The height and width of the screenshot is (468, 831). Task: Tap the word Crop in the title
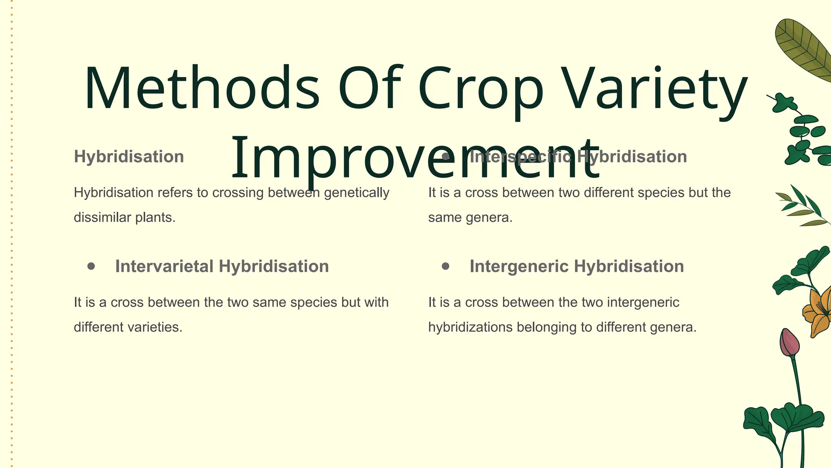tap(481, 89)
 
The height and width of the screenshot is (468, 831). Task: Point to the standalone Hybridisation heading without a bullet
tap(129, 157)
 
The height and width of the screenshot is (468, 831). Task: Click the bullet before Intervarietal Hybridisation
tap(91, 266)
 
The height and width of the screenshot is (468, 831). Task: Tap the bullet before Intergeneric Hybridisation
tap(446, 266)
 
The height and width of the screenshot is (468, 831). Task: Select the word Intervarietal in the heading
tap(164, 266)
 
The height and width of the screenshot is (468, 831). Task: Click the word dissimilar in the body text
tap(97, 217)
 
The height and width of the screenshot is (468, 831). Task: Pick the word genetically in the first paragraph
tap(356, 193)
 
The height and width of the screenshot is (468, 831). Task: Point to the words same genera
tap(470, 218)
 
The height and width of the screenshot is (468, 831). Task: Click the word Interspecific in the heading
tap(520, 157)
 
